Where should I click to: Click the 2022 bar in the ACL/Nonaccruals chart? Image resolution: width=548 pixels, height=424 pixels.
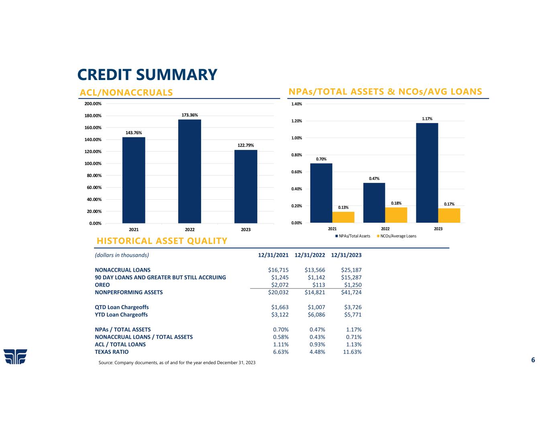(189, 171)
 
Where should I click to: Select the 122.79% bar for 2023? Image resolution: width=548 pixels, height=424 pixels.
(246, 186)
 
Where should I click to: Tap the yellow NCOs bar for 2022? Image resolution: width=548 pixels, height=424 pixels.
(396, 215)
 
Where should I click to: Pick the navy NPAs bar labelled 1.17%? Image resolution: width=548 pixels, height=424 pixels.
(427, 173)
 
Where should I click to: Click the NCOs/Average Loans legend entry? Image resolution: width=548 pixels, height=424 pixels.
(396, 236)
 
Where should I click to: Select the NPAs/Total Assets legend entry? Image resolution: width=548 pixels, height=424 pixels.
(353, 236)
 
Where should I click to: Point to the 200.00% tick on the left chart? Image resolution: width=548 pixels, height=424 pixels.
(93, 104)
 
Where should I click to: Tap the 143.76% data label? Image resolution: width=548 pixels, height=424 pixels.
(134, 133)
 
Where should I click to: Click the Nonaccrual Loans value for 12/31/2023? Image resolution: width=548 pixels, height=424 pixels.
(351, 270)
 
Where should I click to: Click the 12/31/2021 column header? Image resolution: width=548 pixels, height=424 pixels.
(273, 255)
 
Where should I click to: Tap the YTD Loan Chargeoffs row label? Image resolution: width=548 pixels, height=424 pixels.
(121, 315)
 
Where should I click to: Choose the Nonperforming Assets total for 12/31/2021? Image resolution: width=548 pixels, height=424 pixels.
(278, 293)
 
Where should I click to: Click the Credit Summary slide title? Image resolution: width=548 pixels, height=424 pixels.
(147, 74)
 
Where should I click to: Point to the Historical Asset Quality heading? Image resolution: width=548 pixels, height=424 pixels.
(162, 241)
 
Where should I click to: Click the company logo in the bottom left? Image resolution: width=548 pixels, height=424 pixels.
(15, 356)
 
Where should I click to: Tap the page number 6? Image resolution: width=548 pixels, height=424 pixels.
(533, 360)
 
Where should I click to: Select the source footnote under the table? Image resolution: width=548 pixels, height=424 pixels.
(177, 363)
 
